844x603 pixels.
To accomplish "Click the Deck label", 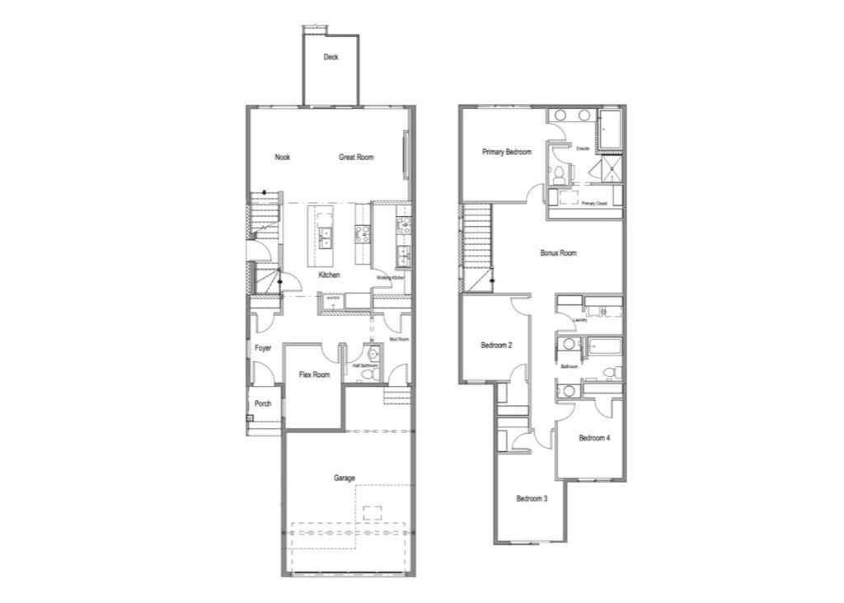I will click(x=331, y=57).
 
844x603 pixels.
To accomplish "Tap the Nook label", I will click(x=283, y=157).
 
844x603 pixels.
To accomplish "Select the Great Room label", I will click(x=356, y=157).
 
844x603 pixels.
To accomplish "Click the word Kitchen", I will click(x=330, y=275).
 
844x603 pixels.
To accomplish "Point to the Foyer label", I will click(x=263, y=348).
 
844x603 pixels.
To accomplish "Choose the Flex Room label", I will click(x=314, y=375).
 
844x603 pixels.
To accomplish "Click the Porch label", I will click(x=263, y=403).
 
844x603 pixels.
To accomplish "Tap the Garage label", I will click(x=345, y=478).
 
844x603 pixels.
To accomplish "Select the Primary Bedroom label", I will click(x=507, y=152).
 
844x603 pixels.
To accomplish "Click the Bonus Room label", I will click(x=558, y=253).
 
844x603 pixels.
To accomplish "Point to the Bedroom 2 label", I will click(x=497, y=346).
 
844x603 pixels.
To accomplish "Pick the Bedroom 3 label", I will click(x=532, y=498).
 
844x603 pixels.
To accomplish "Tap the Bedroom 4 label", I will click(x=594, y=438).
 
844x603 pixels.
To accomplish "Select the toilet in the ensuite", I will click(x=559, y=173).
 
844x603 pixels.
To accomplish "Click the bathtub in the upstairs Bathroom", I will click(x=603, y=346).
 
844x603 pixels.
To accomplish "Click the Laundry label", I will click(x=579, y=319).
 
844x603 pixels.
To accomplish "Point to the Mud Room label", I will click(x=400, y=339).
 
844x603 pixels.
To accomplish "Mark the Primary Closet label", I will click(x=593, y=203).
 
